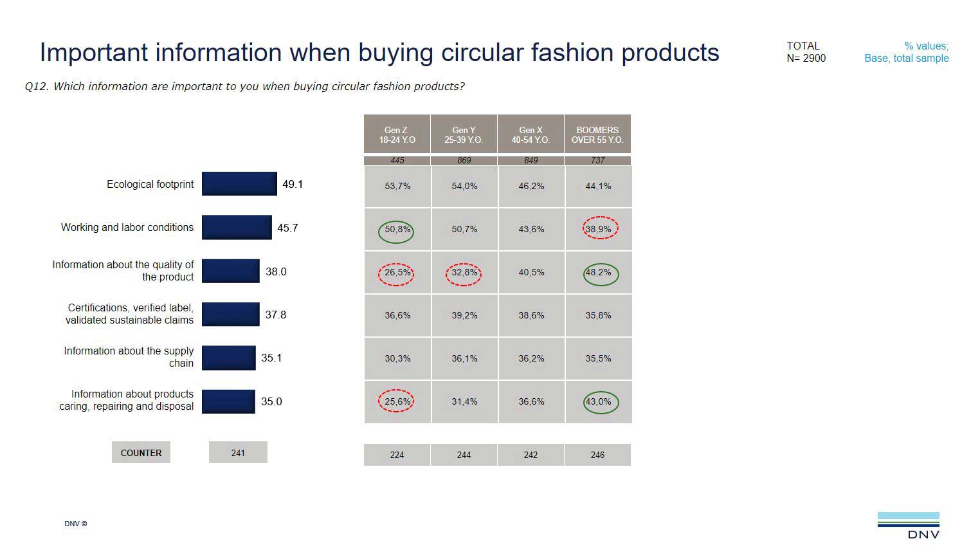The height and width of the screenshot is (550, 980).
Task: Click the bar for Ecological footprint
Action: [239, 184]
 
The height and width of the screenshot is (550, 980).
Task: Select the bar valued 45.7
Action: [237, 227]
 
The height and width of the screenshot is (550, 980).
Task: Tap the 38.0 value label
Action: [276, 271]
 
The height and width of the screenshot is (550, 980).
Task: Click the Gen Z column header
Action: [397, 134]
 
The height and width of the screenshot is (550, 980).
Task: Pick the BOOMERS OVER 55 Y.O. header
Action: [597, 134]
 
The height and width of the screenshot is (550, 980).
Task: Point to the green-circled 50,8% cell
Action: [397, 230]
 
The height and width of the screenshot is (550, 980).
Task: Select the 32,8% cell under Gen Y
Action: [464, 273]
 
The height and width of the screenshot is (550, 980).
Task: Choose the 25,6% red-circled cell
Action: [397, 401]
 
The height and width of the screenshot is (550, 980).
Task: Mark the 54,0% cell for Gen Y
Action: [464, 186]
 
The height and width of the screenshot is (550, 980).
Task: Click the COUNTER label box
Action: [141, 452]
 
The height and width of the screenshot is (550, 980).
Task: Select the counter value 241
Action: [238, 452]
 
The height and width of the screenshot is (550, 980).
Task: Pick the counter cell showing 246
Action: [597, 455]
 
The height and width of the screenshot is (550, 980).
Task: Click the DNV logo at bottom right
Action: [908, 525]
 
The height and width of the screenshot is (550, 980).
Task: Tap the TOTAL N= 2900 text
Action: [805, 52]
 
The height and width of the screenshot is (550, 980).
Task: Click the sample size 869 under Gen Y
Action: [464, 160]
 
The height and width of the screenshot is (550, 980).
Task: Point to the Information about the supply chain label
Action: [129, 357]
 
